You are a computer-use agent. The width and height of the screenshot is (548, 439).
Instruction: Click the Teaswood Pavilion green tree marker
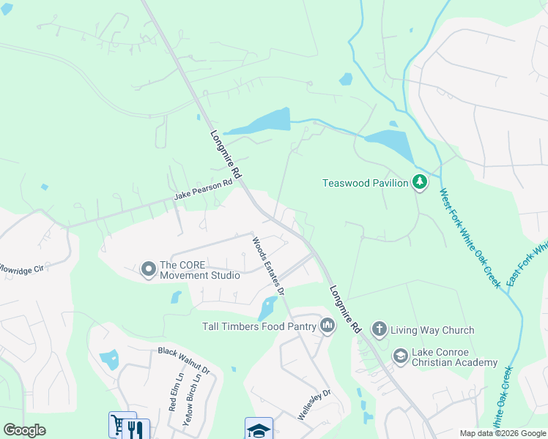point(419,182)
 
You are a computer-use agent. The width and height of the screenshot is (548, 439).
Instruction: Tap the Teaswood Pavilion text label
point(365,183)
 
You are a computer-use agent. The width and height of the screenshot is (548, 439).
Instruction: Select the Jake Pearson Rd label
point(203,191)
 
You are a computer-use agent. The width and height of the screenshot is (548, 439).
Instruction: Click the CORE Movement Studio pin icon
point(148,270)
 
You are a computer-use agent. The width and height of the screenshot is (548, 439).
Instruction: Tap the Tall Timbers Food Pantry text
point(258,326)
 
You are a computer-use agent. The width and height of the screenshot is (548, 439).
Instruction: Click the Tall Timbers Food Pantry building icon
point(326,326)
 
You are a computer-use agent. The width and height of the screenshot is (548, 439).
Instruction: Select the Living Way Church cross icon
point(379,329)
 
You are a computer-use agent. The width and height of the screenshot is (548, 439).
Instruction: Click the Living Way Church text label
point(432,330)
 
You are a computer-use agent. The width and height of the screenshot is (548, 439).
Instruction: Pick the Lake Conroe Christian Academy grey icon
point(400,356)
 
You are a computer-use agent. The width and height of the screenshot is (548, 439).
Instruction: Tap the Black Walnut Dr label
point(184,361)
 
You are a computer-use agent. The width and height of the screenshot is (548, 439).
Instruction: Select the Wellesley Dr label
point(314,404)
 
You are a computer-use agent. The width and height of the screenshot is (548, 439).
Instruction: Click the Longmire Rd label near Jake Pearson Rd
point(226,157)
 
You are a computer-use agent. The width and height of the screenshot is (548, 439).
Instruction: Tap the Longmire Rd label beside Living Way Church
point(345,310)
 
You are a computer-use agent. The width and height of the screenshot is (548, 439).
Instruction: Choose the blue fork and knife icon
point(138,429)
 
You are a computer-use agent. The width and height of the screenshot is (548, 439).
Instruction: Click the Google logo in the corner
point(24,430)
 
